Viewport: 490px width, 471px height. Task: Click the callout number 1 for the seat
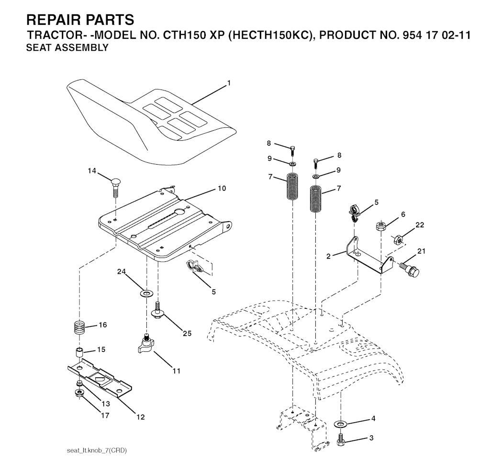coord(229,83)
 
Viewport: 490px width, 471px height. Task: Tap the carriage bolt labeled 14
coord(115,187)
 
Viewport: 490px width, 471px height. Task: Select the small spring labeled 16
coord(79,328)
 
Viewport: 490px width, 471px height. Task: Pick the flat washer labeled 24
coord(145,293)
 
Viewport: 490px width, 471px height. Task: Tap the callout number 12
coord(141,417)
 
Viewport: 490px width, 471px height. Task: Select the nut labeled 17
coord(79,392)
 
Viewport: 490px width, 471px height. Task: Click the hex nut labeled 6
coord(381,225)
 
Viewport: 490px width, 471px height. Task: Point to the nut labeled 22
coord(398,240)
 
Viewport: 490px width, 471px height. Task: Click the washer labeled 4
coord(340,424)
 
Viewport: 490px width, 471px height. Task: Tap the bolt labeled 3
coord(340,439)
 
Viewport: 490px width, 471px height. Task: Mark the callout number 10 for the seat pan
coord(222,189)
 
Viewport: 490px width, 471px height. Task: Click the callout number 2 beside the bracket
coord(328,257)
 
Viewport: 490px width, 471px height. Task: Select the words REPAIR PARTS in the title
coord(80,20)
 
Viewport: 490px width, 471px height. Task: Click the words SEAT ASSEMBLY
coord(67,47)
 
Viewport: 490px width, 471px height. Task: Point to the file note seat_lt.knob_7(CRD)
coord(97,451)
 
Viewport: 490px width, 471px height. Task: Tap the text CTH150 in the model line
coord(184,35)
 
